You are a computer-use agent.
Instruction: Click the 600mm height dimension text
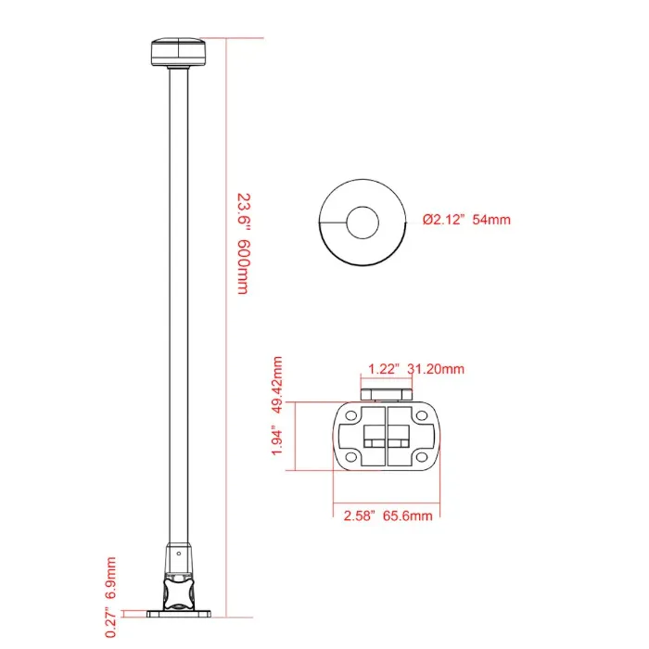pos(243,267)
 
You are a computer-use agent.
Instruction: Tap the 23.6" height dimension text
pos(244,210)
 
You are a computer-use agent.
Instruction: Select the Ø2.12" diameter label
pos(444,220)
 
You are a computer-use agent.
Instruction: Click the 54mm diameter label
pos(491,220)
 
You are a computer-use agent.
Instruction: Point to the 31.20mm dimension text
pos(436,369)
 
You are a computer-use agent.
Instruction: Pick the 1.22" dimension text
pos(384,369)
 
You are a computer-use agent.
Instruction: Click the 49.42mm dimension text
pos(277,385)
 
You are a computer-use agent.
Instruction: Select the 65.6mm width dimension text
pos(407,515)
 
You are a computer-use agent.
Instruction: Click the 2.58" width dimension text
pos(360,515)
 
